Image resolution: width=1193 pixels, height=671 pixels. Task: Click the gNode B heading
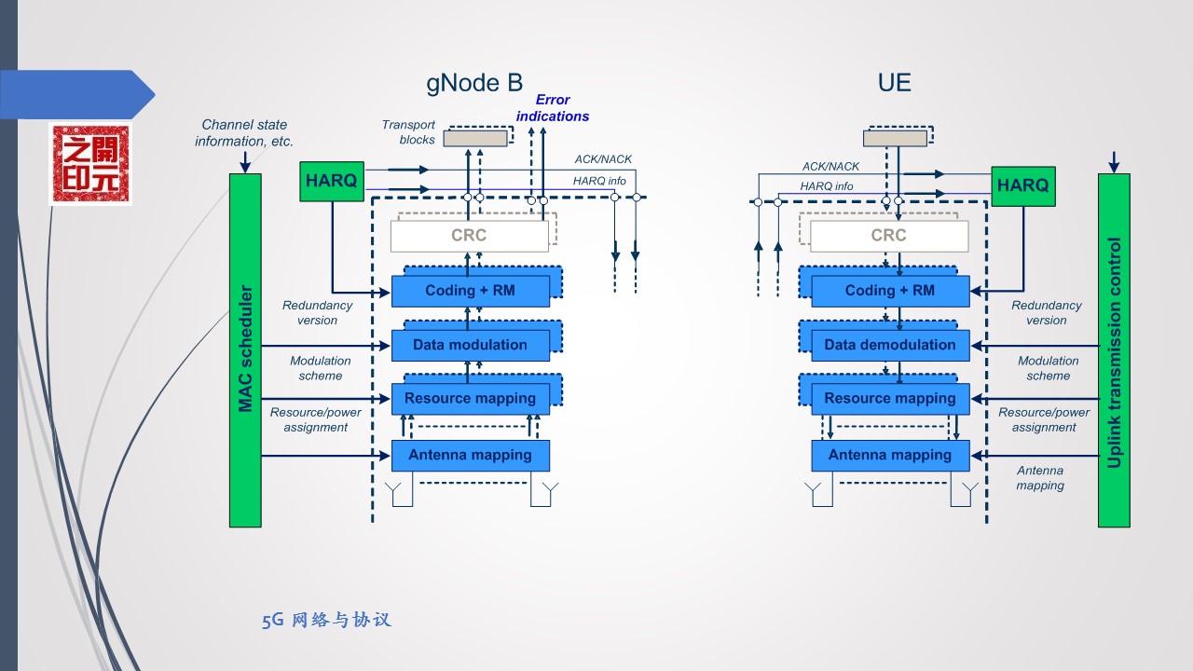coord(474,83)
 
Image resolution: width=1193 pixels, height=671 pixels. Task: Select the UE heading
coord(894,83)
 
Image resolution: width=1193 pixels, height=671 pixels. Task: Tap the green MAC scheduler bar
coord(245,349)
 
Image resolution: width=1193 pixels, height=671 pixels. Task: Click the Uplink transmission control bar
coord(1114,349)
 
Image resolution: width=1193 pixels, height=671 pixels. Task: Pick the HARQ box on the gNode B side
coord(331,182)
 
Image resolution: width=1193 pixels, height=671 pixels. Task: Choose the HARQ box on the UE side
coord(1022,185)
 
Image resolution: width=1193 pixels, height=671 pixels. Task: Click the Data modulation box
coord(470,345)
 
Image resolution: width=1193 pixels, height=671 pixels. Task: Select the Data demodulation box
coord(889,345)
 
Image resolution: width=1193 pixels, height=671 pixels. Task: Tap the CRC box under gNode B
coord(469,236)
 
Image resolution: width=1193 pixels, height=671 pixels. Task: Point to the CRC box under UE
coord(888,236)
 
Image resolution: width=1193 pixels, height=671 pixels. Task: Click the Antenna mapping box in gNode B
coord(470,455)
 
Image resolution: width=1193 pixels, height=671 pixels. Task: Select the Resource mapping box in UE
coord(889,399)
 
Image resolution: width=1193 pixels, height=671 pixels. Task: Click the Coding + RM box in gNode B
coord(470,291)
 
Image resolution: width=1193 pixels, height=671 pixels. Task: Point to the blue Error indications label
coord(553,108)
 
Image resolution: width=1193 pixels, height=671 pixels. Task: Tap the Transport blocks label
coord(409,132)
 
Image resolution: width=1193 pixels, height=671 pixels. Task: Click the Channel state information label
coord(244,132)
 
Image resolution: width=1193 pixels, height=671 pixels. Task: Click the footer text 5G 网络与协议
coord(326,621)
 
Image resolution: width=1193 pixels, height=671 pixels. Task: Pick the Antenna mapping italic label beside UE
coord(1040,478)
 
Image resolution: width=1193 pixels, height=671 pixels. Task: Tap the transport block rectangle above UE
coord(895,139)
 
